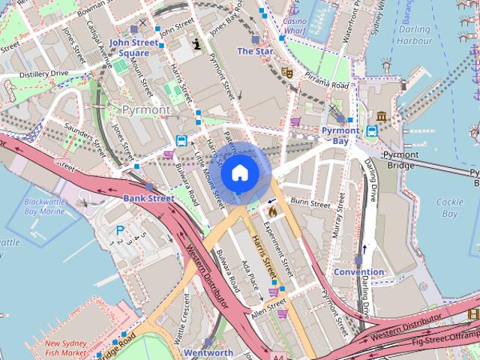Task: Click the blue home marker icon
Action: pyautogui.click(x=239, y=173)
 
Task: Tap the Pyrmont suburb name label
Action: pyautogui.click(x=145, y=109)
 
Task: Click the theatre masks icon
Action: pyautogui.click(x=286, y=73)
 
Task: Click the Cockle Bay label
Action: pyautogui.click(x=449, y=208)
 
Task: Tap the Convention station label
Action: pyautogui.click(x=358, y=271)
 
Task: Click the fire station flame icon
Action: pyautogui.click(x=273, y=211)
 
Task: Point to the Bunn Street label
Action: pyautogui.click(x=310, y=203)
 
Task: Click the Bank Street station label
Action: pyautogui.click(x=148, y=198)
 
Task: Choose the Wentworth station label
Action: pyautogui.click(x=208, y=352)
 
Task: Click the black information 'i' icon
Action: pyautogui.click(x=196, y=43)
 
